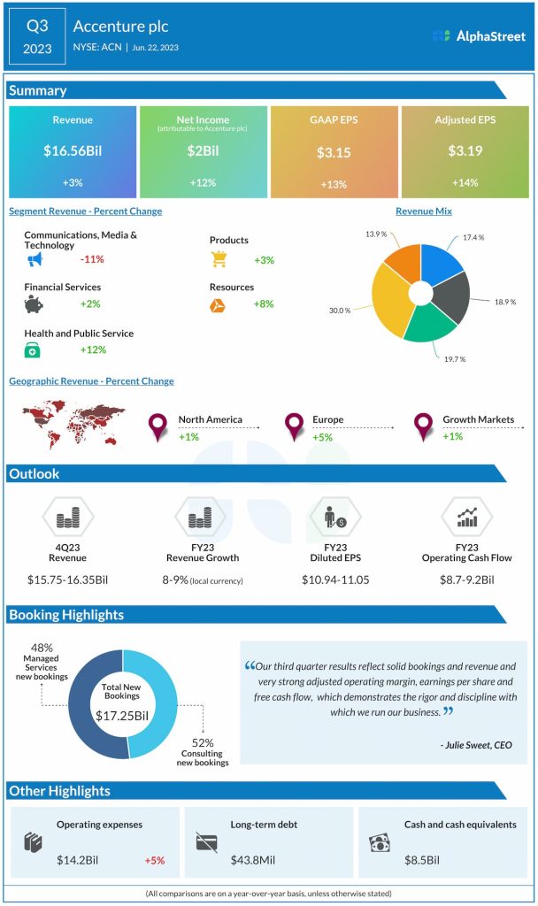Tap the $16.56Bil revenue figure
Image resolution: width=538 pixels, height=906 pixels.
pyautogui.click(x=73, y=151)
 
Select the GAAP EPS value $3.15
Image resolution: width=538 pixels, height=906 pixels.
pyautogui.click(x=334, y=152)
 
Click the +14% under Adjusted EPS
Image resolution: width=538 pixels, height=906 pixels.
pyautogui.click(x=465, y=182)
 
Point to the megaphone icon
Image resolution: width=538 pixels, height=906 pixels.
pyautogui.click(x=35, y=260)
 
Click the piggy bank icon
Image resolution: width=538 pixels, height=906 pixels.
pyautogui.click(x=35, y=304)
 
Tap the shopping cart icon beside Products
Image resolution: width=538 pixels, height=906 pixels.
pyautogui.click(x=219, y=259)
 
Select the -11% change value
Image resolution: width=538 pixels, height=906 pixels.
pyautogui.click(x=93, y=260)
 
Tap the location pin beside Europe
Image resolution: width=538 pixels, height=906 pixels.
pyautogui.click(x=294, y=427)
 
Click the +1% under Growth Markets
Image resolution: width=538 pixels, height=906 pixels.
pyautogui.click(x=453, y=436)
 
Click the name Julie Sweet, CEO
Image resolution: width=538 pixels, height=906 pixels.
pyautogui.click(x=475, y=745)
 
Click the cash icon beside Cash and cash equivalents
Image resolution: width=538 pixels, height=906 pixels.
pyautogui.click(x=378, y=842)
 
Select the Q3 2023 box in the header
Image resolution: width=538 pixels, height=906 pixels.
pyautogui.click(x=37, y=36)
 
